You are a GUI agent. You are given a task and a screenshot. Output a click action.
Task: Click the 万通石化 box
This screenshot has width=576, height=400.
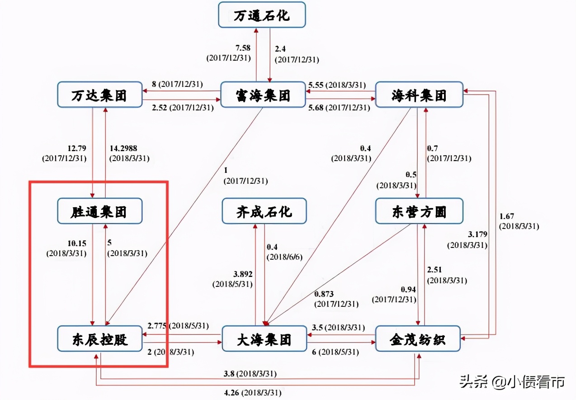click(x=262, y=15)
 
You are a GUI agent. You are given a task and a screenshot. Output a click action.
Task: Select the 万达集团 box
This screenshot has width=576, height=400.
click(x=99, y=95)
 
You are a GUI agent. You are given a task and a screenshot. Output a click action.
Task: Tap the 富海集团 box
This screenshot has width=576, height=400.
click(x=263, y=95)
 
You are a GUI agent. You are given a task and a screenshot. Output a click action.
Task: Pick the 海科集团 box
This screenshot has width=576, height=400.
click(x=419, y=95)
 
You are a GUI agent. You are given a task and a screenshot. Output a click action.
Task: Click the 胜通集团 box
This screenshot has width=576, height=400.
click(x=99, y=211)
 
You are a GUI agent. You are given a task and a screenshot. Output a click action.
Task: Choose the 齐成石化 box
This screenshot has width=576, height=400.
click(x=264, y=211)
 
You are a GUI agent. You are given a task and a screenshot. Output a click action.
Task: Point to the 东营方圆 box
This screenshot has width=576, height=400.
click(x=419, y=211)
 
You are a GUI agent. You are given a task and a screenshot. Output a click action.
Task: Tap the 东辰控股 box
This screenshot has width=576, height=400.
click(x=99, y=338)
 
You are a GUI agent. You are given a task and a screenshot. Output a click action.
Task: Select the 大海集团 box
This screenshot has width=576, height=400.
click(x=264, y=338)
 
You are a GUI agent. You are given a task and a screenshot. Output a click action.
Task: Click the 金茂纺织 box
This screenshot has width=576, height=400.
click(x=418, y=338)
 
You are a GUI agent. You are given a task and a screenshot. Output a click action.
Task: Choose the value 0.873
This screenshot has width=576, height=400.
click(x=324, y=294)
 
